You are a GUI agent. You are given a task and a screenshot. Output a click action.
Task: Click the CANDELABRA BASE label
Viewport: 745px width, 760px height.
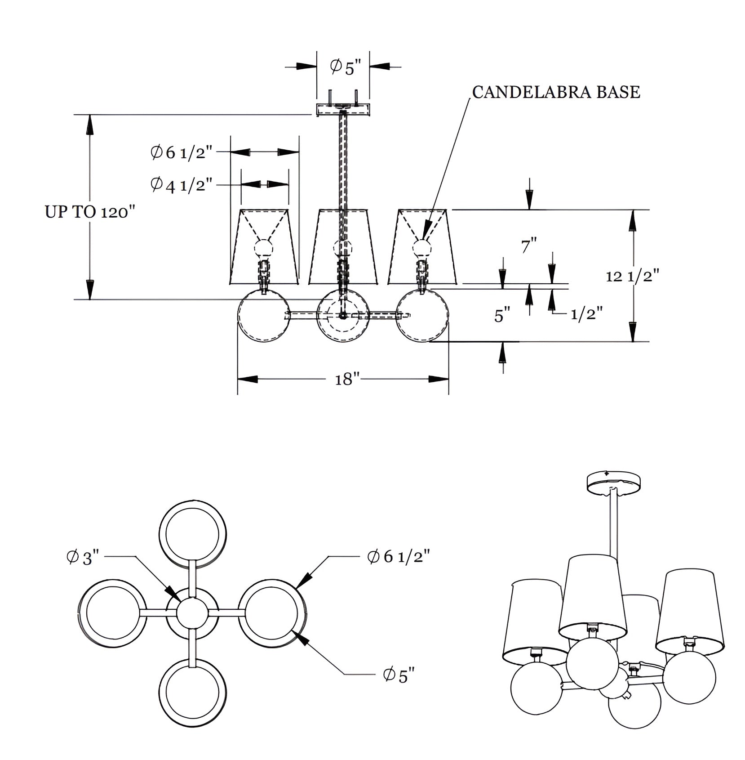(x=556, y=92)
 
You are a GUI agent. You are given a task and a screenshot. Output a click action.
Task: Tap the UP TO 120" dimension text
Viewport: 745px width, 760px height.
(x=90, y=212)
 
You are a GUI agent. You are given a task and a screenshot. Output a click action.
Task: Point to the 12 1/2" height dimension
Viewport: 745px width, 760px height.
(x=633, y=276)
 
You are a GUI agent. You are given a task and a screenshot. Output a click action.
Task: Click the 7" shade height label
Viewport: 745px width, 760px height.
(x=529, y=246)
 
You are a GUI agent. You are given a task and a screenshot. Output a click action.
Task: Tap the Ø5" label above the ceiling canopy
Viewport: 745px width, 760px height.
(x=346, y=67)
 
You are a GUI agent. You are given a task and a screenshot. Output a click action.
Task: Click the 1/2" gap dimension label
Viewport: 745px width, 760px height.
(x=586, y=313)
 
